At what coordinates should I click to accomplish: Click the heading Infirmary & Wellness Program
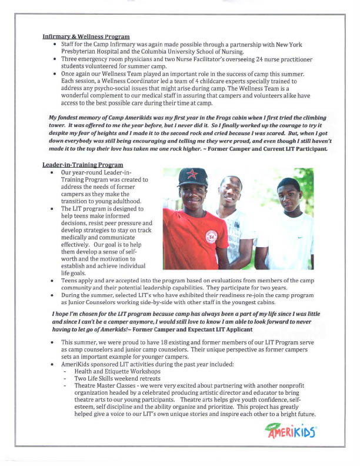point(86,37)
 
